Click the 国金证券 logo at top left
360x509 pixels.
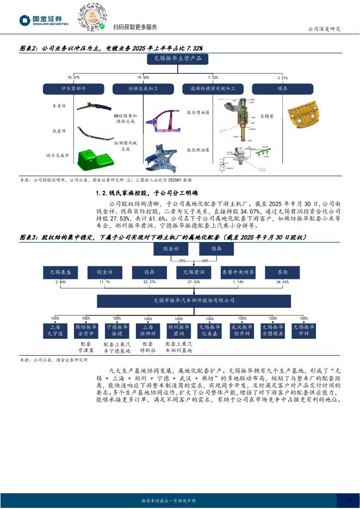pyautogui.click(x=44, y=20)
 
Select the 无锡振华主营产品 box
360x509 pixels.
pyautogui.click(x=180, y=59)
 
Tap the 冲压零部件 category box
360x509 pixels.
pyautogui.click(x=73, y=88)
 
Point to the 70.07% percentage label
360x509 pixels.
pyautogui.click(x=73, y=78)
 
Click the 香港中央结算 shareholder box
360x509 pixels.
pyautogui.click(x=238, y=271)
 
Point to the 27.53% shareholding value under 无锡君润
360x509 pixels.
pyautogui.click(x=193, y=282)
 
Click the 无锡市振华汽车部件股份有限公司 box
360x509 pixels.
pyautogui.click(x=194, y=300)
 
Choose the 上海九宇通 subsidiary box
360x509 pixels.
pyautogui.click(x=55, y=330)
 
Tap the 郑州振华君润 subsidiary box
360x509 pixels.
pyautogui.click(x=178, y=330)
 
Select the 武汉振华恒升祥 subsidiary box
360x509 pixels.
pyautogui.click(x=241, y=330)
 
